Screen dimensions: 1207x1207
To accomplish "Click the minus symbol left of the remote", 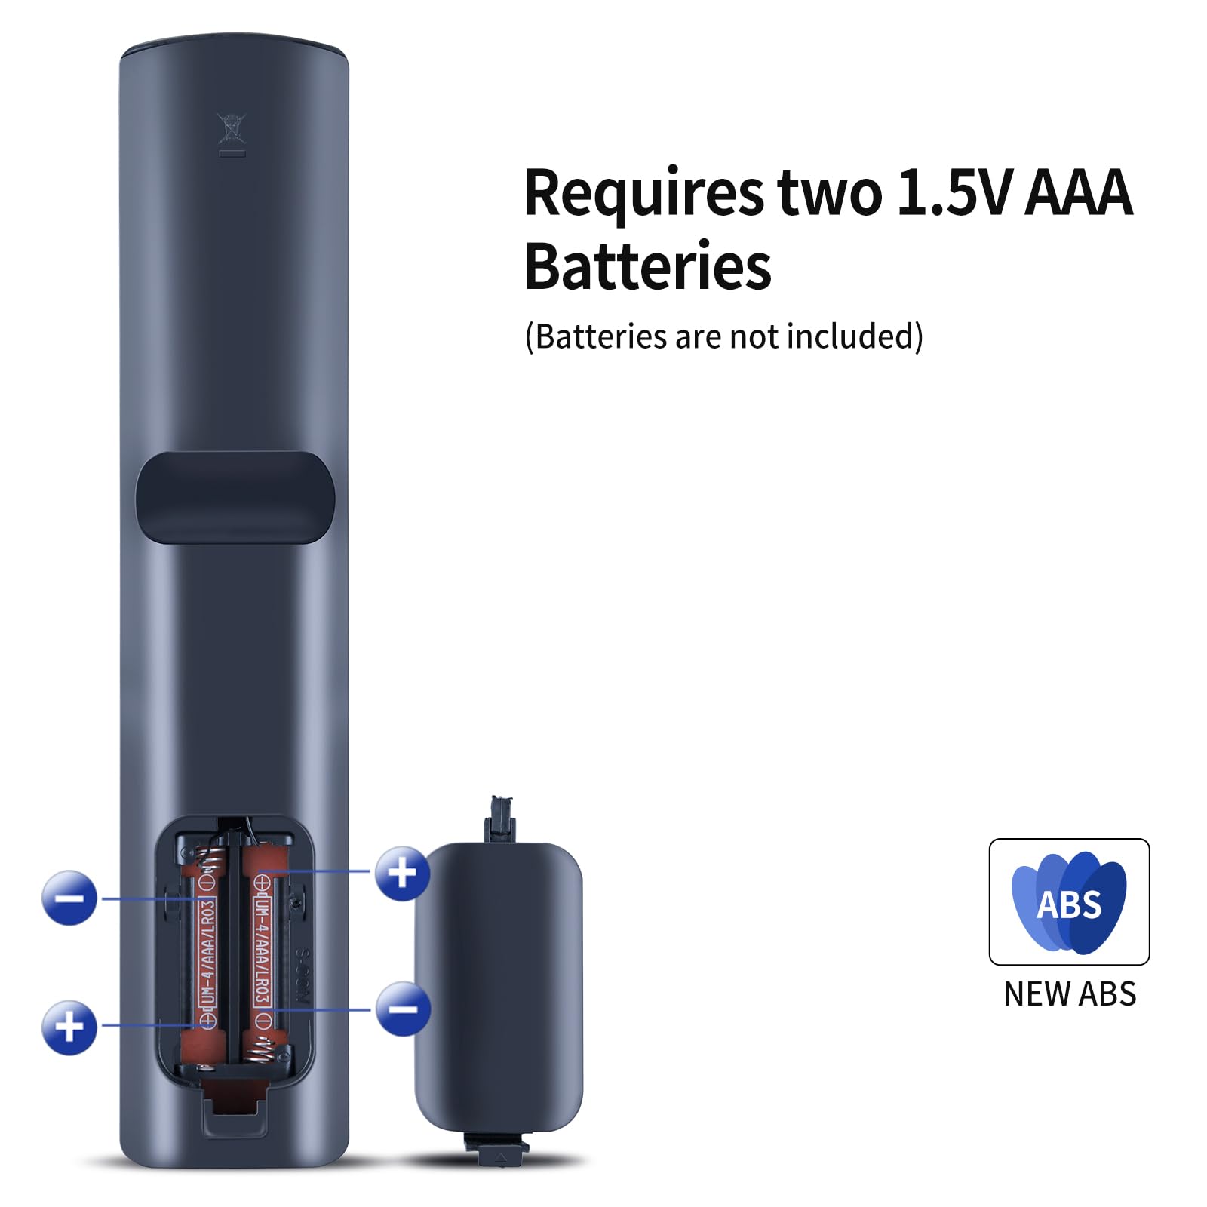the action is (x=69, y=897).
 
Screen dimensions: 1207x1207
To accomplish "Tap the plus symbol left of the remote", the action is (x=69, y=1027).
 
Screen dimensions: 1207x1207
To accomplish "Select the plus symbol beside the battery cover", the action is (x=402, y=874).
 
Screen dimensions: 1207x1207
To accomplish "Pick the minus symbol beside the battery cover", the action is (x=403, y=1009).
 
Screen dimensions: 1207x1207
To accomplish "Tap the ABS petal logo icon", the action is (x=1069, y=902).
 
